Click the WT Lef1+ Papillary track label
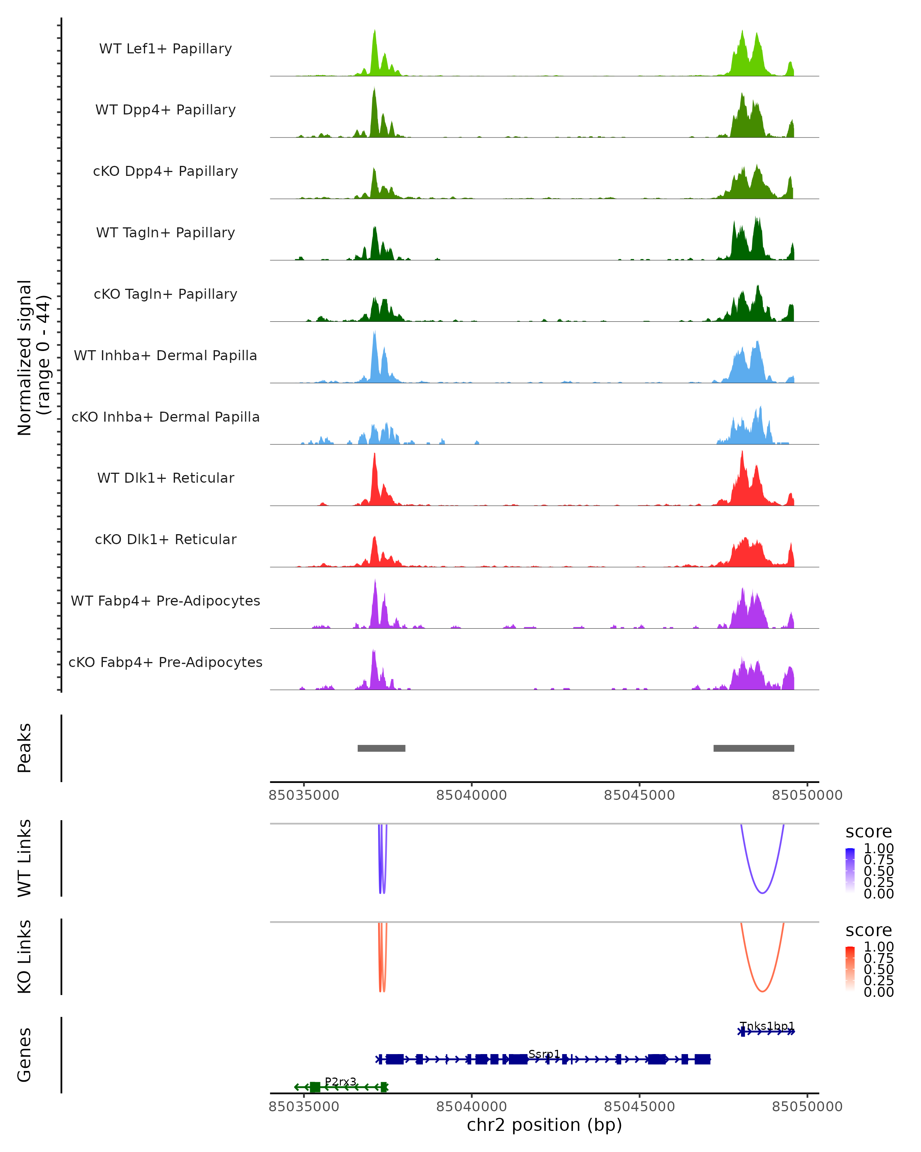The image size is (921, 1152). click(165, 49)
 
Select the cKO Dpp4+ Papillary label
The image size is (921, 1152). click(165, 171)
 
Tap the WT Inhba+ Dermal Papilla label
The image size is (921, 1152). click(165, 355)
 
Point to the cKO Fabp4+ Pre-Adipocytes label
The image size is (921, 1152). click(165, 662)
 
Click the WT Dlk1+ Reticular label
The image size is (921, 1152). click(165, 478)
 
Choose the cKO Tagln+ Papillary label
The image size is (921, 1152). click(165, 294)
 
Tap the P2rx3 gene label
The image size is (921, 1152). click(340, 1081)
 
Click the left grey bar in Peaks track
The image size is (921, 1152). click(381, 748)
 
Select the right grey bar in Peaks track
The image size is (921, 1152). click(753, 748)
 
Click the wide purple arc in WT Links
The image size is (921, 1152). click(763, 893)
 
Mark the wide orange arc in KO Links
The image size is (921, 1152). click(763, 991)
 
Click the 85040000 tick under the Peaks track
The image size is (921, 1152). click(472, 795)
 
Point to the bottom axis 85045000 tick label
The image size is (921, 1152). click(639, 1107)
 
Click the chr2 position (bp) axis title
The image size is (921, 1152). click(544, 1125)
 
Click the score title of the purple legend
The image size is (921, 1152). click(869, 831)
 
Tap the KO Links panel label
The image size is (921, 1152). click(25, 957)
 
